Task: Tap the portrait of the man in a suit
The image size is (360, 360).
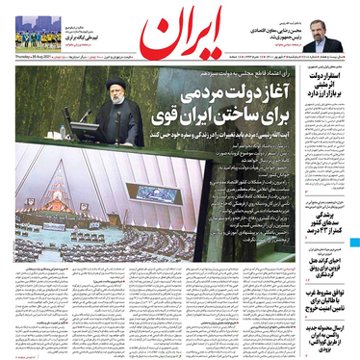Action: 328,38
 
